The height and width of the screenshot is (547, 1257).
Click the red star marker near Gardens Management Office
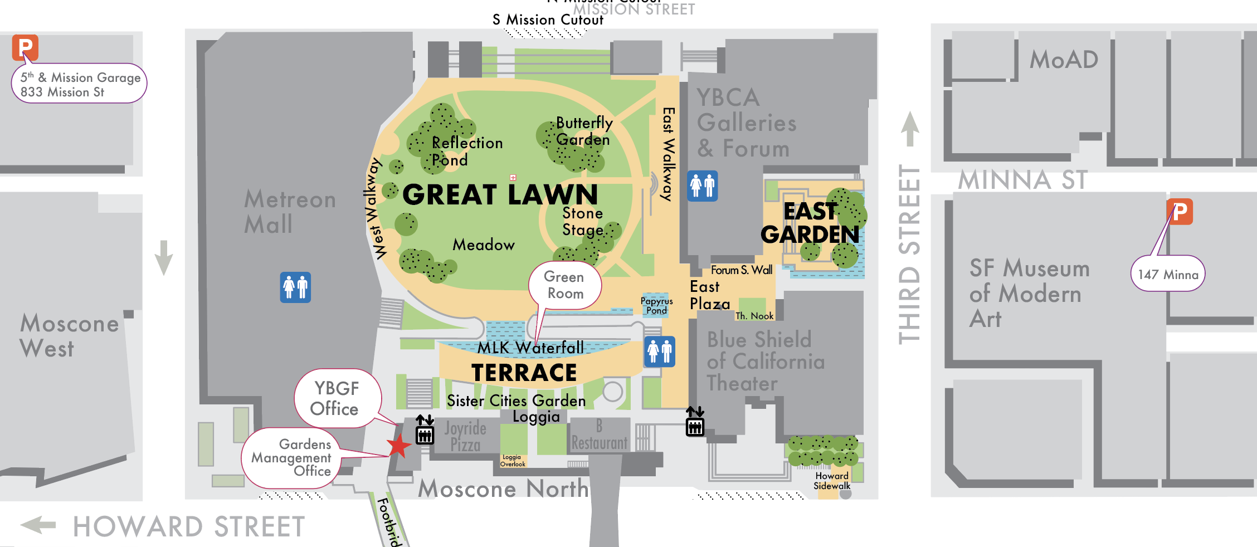398,446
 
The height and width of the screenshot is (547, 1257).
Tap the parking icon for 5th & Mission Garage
25,47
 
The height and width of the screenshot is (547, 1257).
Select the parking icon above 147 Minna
1180,212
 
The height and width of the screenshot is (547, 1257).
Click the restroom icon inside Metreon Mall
295,287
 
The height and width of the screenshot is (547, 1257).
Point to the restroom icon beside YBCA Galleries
702,185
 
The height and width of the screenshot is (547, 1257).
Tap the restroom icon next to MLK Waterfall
660,351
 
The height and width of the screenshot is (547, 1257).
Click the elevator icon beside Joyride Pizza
425,430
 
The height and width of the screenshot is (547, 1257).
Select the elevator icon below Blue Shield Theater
695,422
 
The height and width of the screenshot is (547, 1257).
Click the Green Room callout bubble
564,285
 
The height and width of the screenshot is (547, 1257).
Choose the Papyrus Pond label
656,305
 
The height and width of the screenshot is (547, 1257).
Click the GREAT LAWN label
500,194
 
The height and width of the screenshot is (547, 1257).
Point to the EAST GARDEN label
810,223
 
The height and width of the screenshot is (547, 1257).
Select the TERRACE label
524,373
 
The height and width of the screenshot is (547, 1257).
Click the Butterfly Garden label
583,131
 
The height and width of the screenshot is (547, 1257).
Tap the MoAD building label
1063,60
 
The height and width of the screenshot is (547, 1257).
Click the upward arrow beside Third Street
910,128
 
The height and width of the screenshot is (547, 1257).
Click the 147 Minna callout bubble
1168,274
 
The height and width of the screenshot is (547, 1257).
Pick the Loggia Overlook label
512,461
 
